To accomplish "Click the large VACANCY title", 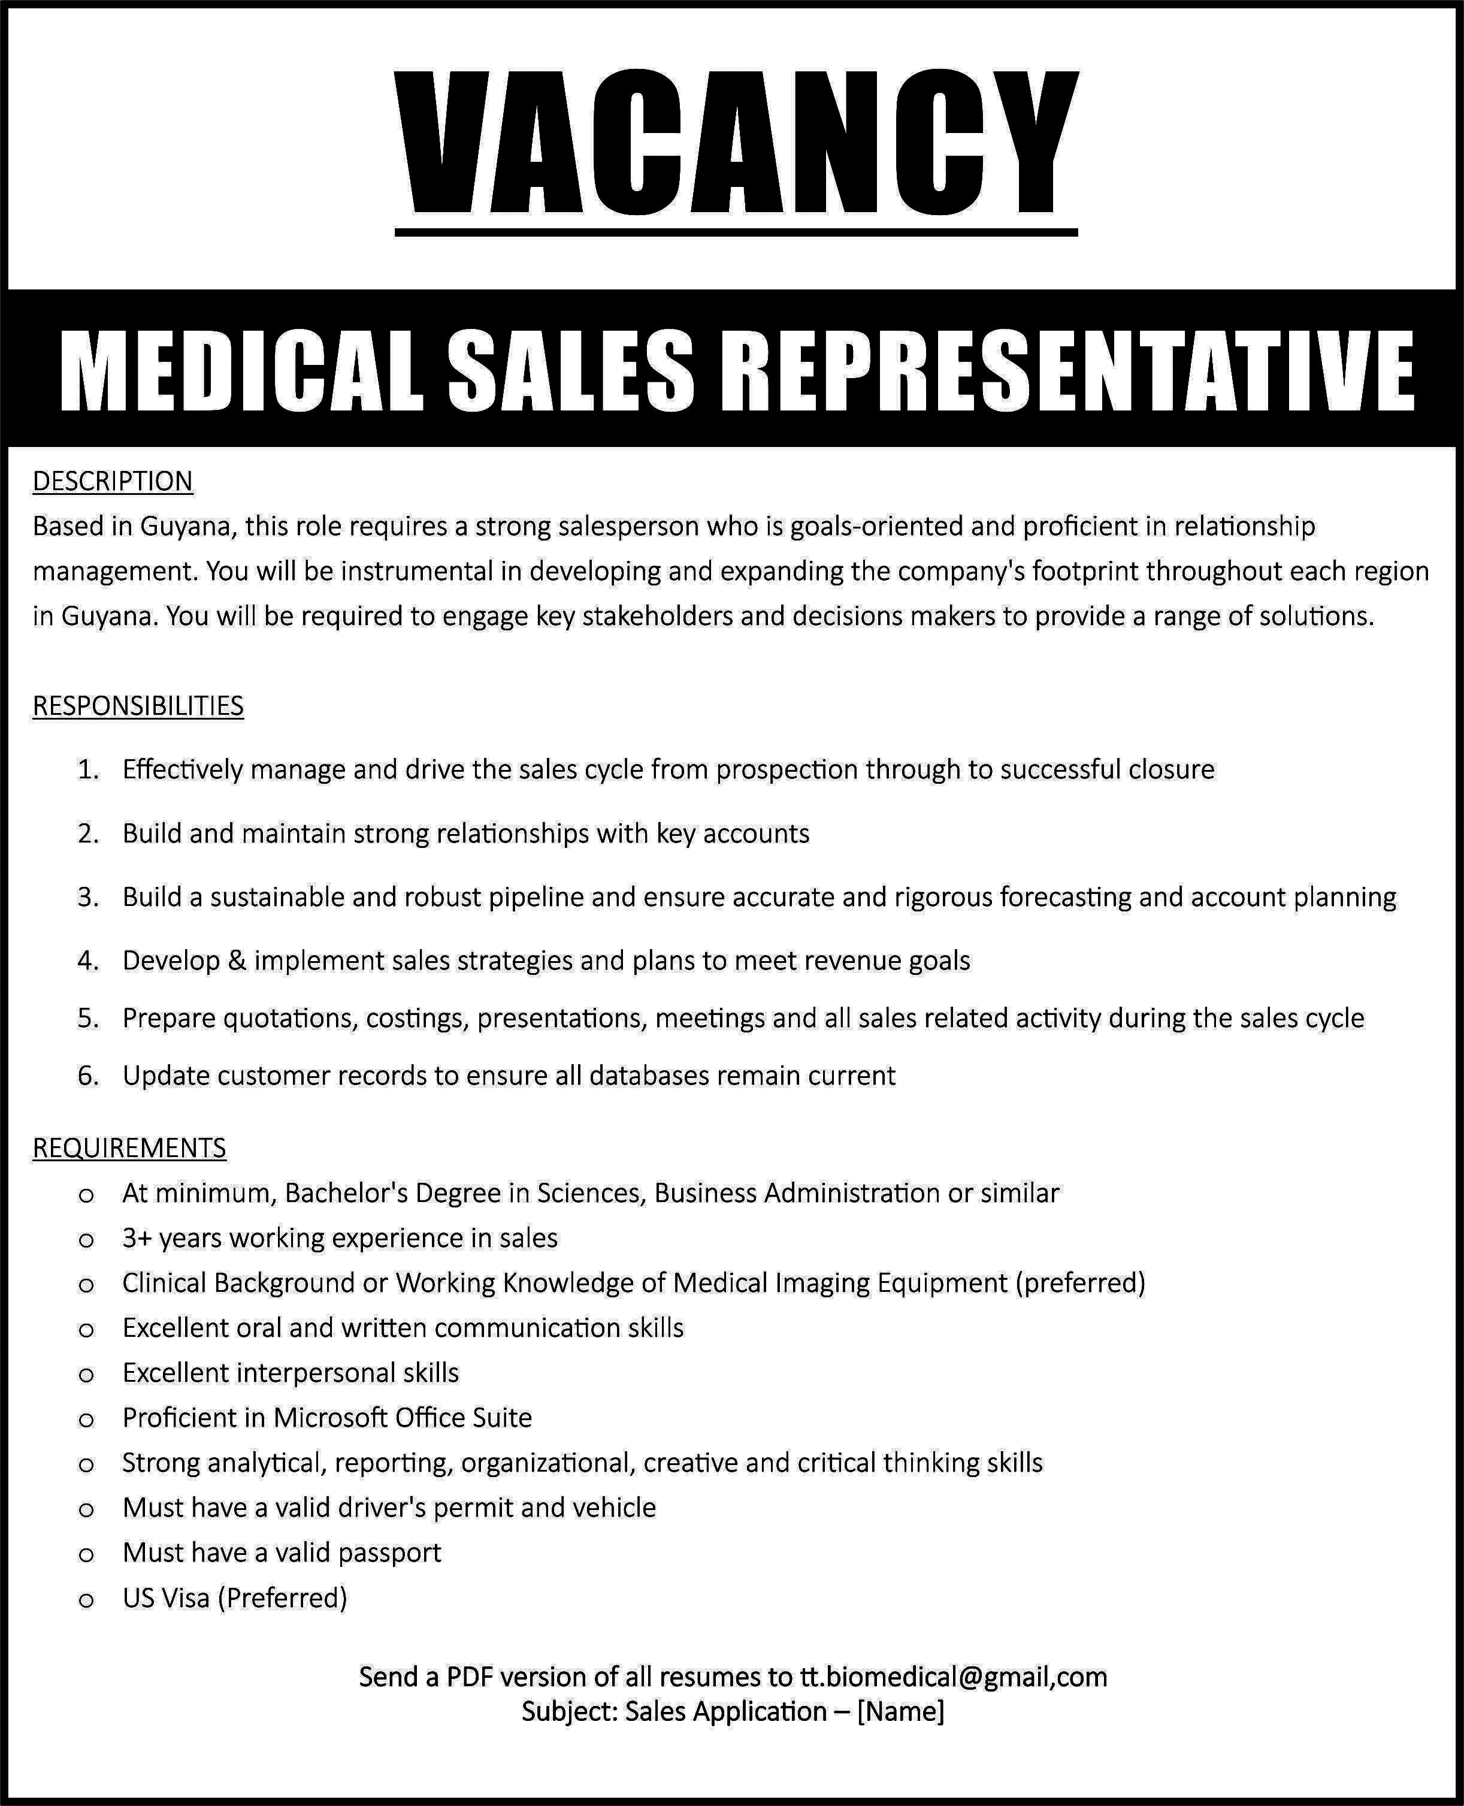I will [x=736, y=143].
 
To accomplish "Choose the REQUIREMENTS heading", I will [x=129, y=1148].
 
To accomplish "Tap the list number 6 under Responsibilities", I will [x=87, y=1076].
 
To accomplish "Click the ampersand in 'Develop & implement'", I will [x=236, y=961].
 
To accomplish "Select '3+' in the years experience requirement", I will [x=137, y=1239].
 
